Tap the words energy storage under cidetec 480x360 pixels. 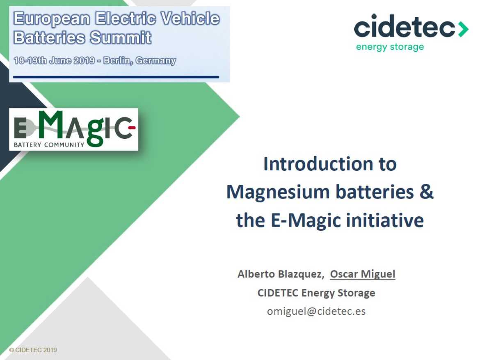389,47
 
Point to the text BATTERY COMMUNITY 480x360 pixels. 49,144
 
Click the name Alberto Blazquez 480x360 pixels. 280,274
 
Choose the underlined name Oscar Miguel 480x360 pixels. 363,274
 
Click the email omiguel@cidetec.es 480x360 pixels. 316,311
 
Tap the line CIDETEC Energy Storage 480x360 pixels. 316,293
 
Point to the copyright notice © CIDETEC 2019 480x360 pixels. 33,350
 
